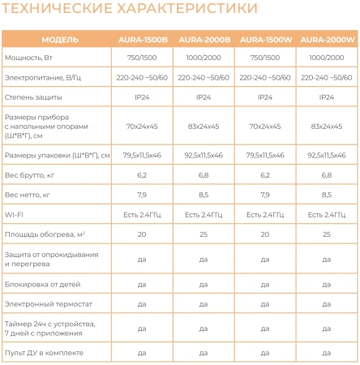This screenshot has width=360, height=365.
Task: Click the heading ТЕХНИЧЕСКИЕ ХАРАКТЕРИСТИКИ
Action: (131, 10)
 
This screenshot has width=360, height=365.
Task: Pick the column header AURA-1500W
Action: (265, 39)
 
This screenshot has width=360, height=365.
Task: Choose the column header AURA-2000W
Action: (328, 39)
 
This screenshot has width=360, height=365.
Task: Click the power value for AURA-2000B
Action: (203, 58)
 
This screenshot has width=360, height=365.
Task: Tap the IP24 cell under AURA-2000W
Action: (328, 97)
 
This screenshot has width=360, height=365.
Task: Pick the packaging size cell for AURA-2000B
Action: (203, 155)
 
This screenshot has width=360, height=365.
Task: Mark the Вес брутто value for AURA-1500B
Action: (141, 174)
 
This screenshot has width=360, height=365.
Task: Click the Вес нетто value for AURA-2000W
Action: (328, 195)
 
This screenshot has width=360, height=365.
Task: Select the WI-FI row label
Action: (15, 214)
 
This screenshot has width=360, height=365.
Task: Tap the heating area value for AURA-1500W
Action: (265, 234)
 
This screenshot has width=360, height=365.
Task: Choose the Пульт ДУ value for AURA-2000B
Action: (203, 354)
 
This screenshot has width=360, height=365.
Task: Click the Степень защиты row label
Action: (35, 97)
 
